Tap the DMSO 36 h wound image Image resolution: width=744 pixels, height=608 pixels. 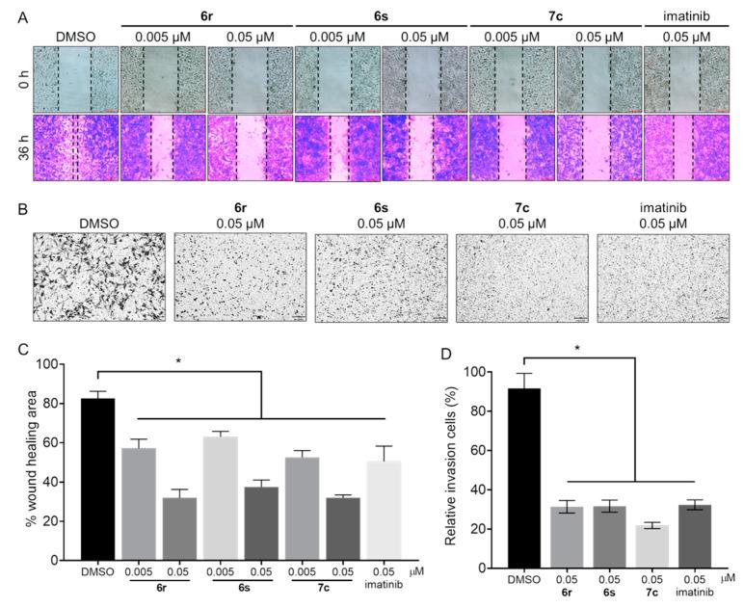point(75,147)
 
